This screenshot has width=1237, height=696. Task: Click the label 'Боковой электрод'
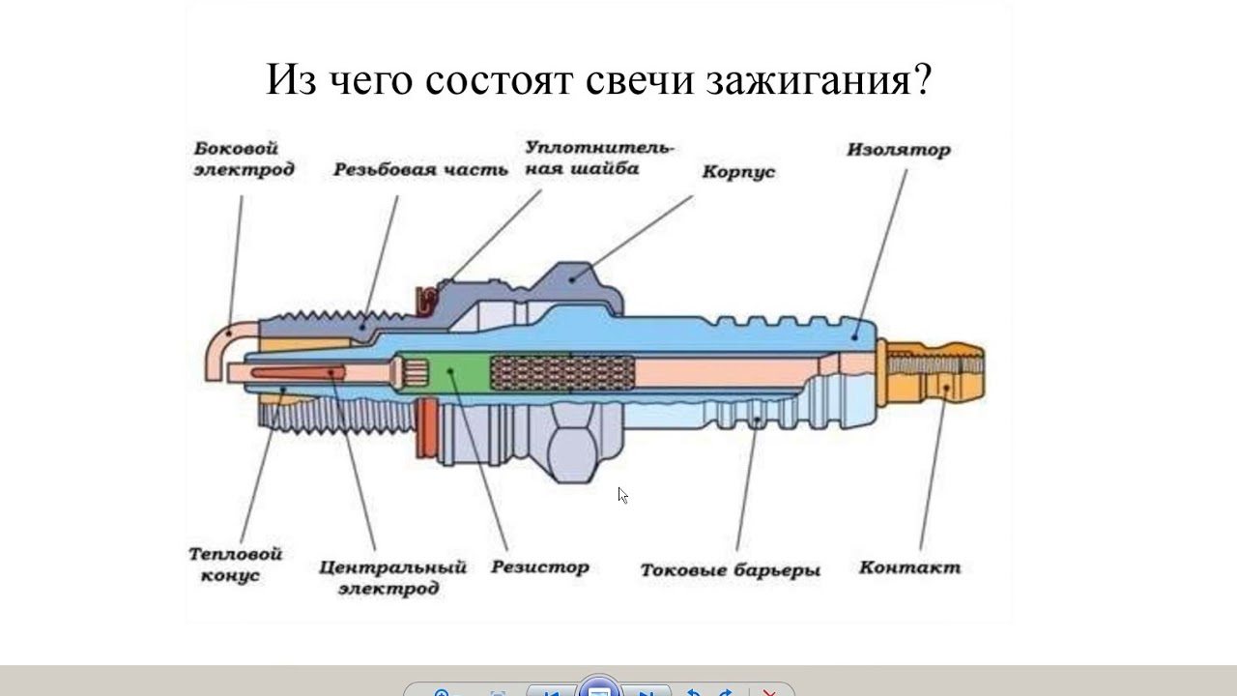click(244, 159)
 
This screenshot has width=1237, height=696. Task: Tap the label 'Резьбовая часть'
click(420, 170)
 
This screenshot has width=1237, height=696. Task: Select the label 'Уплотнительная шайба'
click(599, 159)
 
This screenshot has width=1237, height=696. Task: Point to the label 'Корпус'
click(738, 172)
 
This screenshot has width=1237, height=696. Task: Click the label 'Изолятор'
click(899, 150)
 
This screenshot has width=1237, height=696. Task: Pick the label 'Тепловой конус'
click(235, 565)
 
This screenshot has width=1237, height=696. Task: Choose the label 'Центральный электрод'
click(392, 577)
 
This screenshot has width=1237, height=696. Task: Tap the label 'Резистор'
click(539, 567)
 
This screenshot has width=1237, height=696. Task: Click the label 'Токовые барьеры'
click(730, 570)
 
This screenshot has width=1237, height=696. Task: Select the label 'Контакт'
click(909, 567)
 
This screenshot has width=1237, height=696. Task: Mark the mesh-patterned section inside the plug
click(562, 373)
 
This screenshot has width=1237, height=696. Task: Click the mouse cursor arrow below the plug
click(622, 495)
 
